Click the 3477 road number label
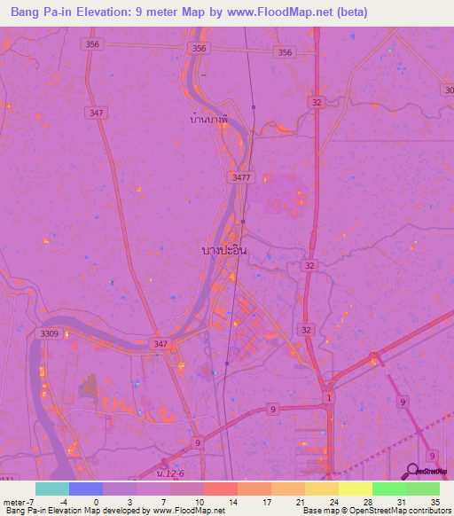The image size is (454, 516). (241, 177)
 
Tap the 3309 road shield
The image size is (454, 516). (50, 333)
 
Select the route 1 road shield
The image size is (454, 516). (331, 396)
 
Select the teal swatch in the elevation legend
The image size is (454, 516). (51, 489)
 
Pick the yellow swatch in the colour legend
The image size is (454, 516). (355, 489)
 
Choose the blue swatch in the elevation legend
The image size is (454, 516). (85, 489)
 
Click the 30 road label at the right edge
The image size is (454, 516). (449, 90)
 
